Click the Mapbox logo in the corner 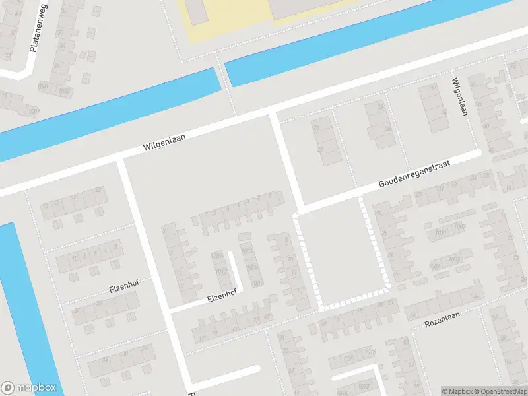tap(30, 388)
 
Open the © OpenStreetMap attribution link tap(501, 391)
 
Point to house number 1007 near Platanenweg tap(34, 110)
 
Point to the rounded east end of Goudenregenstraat tap(479, 154)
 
